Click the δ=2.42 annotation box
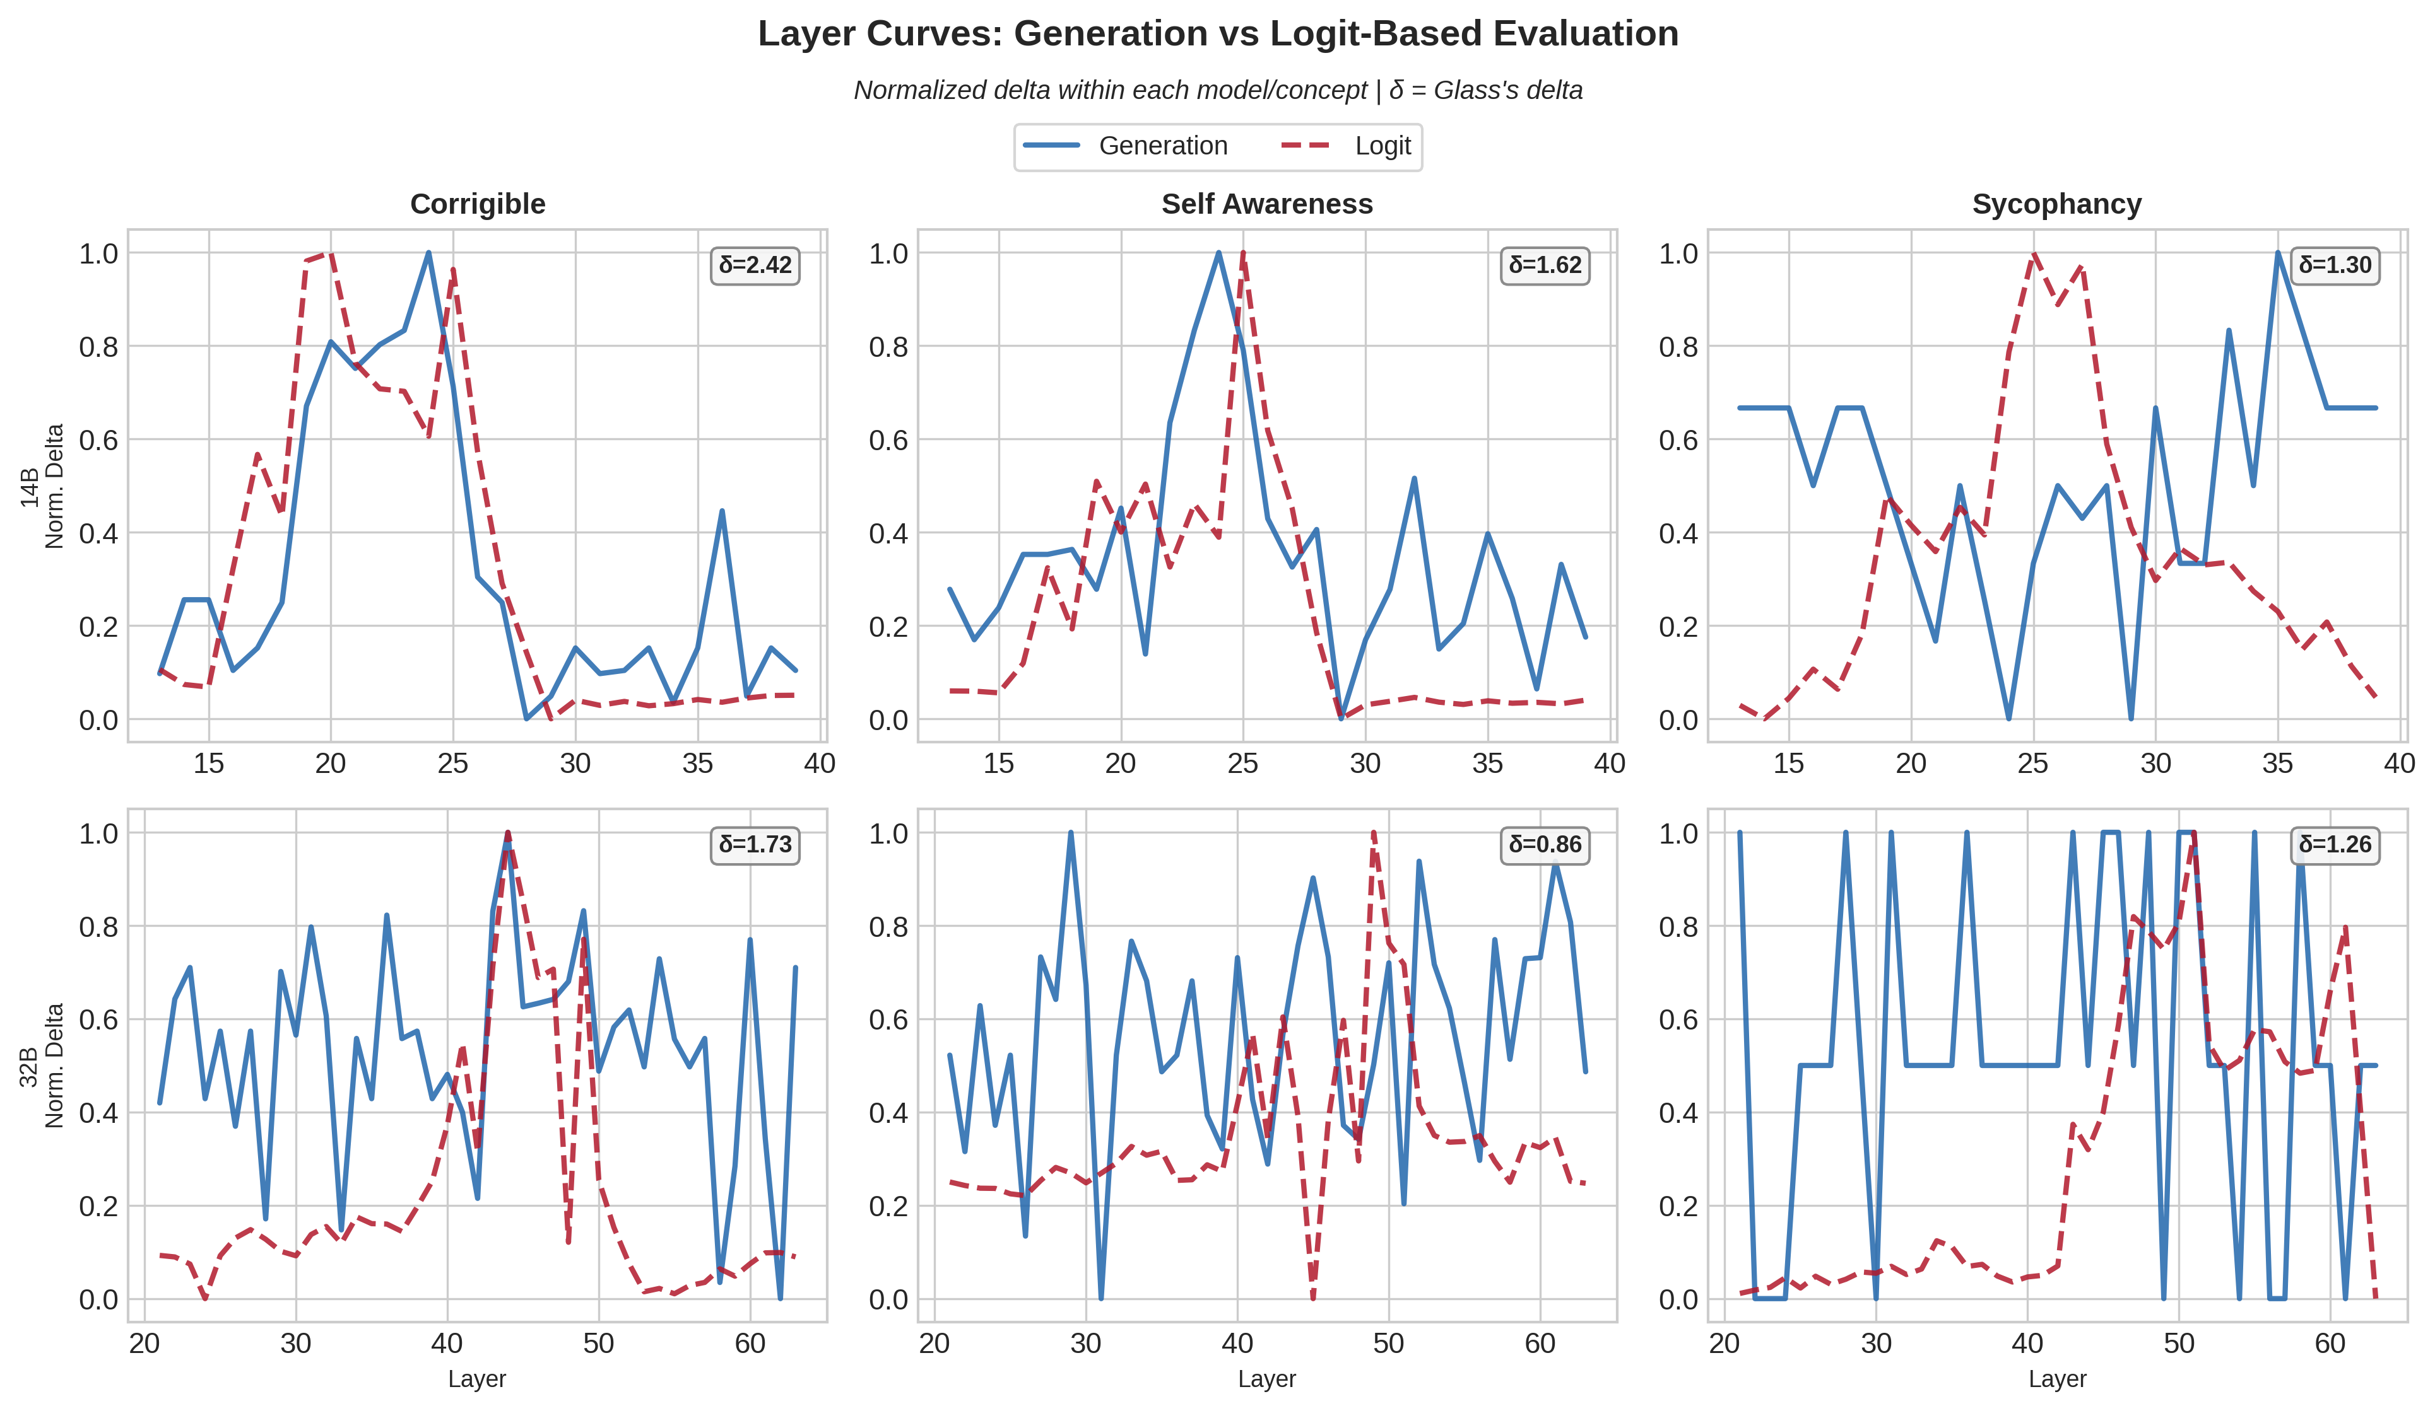coord(755,265)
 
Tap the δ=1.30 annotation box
coord(2335,265)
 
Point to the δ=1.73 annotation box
coord(755,844)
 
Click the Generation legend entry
coord(1126,146)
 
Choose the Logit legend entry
coord(1348,146)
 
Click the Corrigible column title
coord(477,204)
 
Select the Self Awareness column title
coord(1267,204)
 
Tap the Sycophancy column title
coord(2056,204)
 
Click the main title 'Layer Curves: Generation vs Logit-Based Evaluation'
coord(1218,34)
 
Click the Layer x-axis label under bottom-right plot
coord(2056,1378)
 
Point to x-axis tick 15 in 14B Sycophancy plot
coord(1789,764)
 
